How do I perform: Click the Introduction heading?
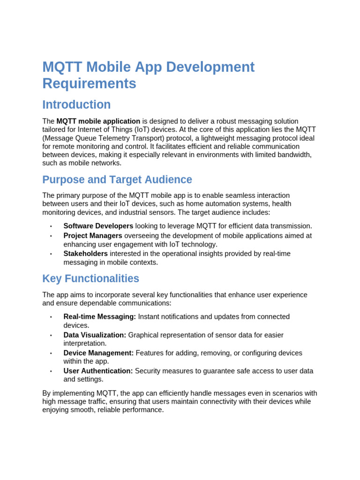click(x=76, y=105)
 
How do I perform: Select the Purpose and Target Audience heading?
click(x=117, y=180)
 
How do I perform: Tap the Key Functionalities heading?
click(x=90, y=278)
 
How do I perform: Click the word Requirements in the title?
click(x=89, y=83)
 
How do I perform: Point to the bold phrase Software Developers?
click(x=98, y=226)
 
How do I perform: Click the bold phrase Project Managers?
click(x=93, y=236)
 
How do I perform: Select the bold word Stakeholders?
click(x=86, y=254)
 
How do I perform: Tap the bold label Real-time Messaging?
click(x=100, y=317)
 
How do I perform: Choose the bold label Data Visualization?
click(x=95, y=335)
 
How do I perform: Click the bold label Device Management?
click(x=98, y=353)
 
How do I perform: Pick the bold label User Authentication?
click(x=98, y=371)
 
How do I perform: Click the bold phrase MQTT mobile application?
click(x=98, y=121)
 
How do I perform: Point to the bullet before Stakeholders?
click(x=51, y=254)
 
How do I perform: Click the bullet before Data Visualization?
click(x=51, y=336)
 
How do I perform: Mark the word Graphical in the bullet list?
click(x=144, y=335)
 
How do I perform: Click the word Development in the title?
click(x=210, y=67)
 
